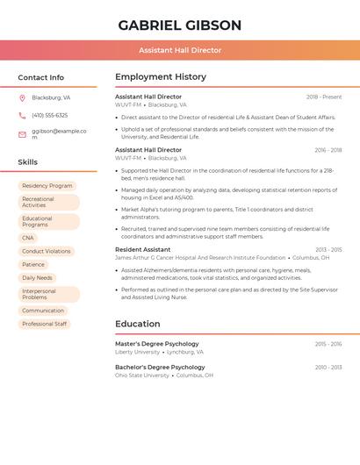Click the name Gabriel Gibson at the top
tap(180, 25)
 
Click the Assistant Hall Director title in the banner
tap(180, 50)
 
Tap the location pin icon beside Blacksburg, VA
tap(22, 97)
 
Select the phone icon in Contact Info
tap(22, 115)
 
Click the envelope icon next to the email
tap(22, 134)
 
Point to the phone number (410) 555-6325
tap(50, 115)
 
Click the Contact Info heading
tap(41, 77)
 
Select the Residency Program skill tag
tap(47, 186)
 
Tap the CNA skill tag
tap(28, 238)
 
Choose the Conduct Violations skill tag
tap(47, 251)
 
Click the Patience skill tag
tap(33, 264)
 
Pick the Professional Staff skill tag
tap(45, 324)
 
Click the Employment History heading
tap(161, 77)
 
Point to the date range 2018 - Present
tap(324, 97)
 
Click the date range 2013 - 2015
tap(328, 250)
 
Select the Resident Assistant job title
tap(143, 250)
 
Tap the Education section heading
tap(138, 324)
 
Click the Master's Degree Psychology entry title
tap(157, 344)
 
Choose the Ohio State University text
tap(142, 375)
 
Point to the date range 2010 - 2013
tap(328, 368)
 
